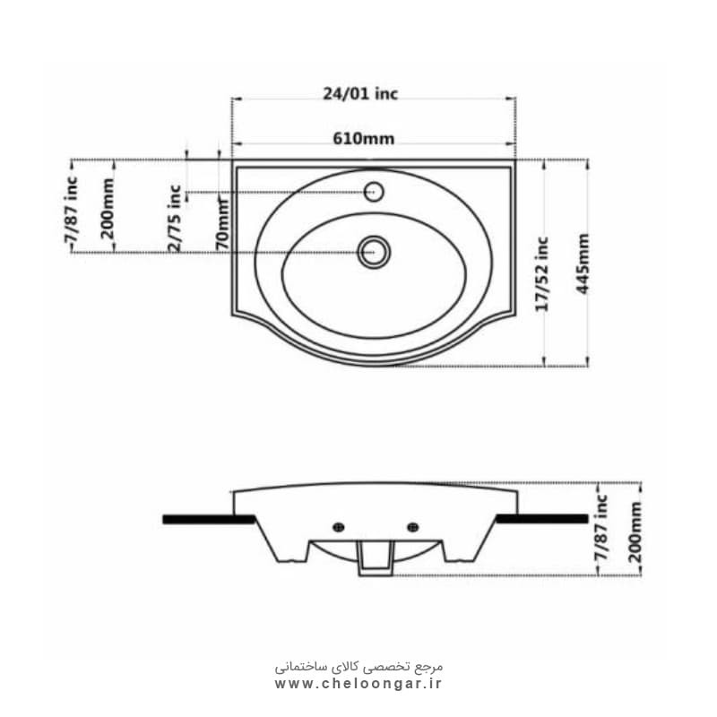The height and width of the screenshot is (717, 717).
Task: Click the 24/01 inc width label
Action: [360, 94]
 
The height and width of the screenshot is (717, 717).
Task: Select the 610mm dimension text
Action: [364, 139]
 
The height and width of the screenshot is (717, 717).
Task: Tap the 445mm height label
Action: [582, 263]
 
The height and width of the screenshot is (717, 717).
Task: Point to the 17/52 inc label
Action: [542, 274]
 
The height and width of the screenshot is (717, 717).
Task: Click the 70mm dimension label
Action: [222, 224]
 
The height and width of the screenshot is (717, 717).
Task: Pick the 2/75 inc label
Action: [175, 218]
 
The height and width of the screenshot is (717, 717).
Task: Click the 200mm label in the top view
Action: [108, 209]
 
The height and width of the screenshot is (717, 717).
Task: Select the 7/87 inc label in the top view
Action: [71, 210]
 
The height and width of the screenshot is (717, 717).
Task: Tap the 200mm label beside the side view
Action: [635, 532]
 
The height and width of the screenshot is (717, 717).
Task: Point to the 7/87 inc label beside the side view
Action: [601, 527]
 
